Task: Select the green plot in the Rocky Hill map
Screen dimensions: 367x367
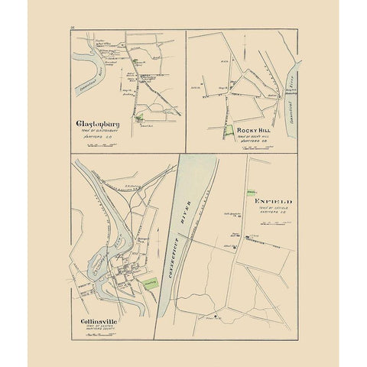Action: [229, 132]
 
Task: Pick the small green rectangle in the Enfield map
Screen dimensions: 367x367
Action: [251, 189]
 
